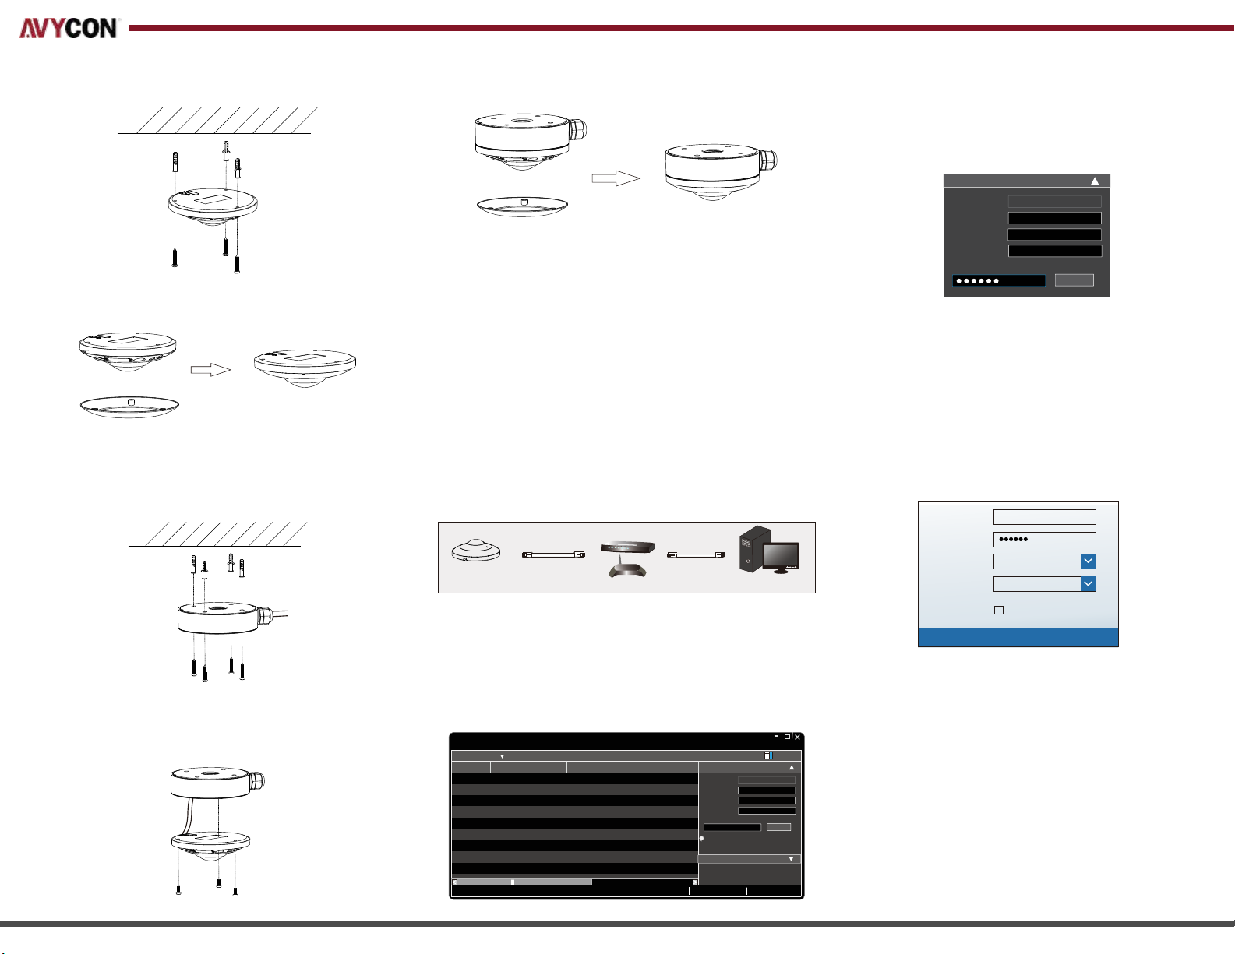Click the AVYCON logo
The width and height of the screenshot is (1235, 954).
pyautogui.click(x=69, y=28)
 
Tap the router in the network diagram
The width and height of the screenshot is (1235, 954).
pyautogui.click(x=627, y=559)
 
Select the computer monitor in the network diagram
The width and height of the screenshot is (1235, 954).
pyautogui.click(x=781, y=558)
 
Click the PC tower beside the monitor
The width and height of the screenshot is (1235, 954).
pyautogui.click(x=753, y=548)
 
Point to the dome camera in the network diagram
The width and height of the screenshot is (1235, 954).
pyautogui.click(x=476, y=551)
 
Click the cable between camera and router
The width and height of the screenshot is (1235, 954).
pyautogui.click(x=553, y=554)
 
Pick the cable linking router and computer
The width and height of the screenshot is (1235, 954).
pyautogui.click(x=695, y=554)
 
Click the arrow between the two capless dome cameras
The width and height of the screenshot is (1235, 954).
pyautogui.click(x=210, y=370)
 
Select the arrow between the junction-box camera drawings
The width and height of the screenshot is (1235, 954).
pyautogui.click(x=616, y=178)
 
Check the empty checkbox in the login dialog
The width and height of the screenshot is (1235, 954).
pyautogui.click(x=999, y=610)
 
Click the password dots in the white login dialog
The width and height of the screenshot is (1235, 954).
pyautogui.click(x=1013, y=539)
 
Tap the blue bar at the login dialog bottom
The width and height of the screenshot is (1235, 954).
pyautogui.click(x=1018, y=637)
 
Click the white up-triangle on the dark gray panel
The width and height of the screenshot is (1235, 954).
pyautogui.click(x=1095, y=181)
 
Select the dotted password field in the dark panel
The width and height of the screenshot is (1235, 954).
pyautogui.click(x=999, y=280)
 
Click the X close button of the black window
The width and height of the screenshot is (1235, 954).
pyautogui.click(x=797, y=737)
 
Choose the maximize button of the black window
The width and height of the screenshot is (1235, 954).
pyautogui.click(x=787, y=737)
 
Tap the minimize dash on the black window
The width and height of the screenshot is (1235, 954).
pyautogui.click(x=776, y=736)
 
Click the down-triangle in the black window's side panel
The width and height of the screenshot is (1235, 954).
pyautogui.click(x=791, y=859)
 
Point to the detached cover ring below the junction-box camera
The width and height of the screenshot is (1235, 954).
pyautogui.click(x=522, y=206)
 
